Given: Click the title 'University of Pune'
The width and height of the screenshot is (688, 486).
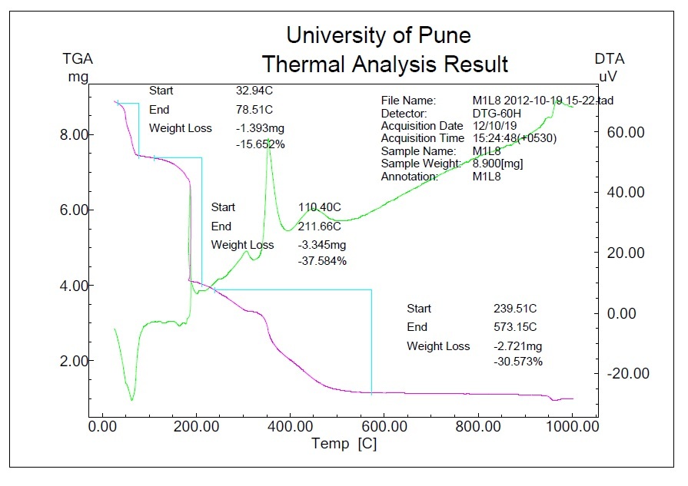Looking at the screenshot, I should pos(378,35).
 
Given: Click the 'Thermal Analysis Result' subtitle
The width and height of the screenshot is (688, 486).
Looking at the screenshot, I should pos(384,64).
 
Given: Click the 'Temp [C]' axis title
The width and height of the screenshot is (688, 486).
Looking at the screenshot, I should pos(344,445).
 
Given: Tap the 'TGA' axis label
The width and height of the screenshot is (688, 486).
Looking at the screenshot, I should pos(78,59).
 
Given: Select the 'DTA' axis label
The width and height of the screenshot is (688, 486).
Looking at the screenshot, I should pos(609,59).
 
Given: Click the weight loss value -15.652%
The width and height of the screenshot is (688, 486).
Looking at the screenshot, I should pos(261,144).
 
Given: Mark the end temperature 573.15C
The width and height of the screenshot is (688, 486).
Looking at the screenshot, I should pos(514,328).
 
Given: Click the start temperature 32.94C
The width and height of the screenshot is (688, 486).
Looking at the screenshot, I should pos(254,91).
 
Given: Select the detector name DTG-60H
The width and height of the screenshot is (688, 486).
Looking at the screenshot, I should pos(496,114).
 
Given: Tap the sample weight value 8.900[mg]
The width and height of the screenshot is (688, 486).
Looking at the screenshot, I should pos(498,164).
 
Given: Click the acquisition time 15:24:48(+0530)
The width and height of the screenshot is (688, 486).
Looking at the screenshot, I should pos(514,138).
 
